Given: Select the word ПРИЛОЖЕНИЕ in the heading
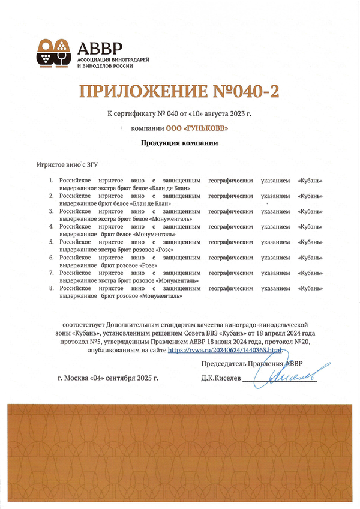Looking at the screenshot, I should tap(139, 92).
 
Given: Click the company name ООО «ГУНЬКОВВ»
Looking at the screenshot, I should tap(197, 128).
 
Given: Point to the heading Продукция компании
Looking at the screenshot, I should tap(179, 143).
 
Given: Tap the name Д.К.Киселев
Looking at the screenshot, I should tap(221, 379).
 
